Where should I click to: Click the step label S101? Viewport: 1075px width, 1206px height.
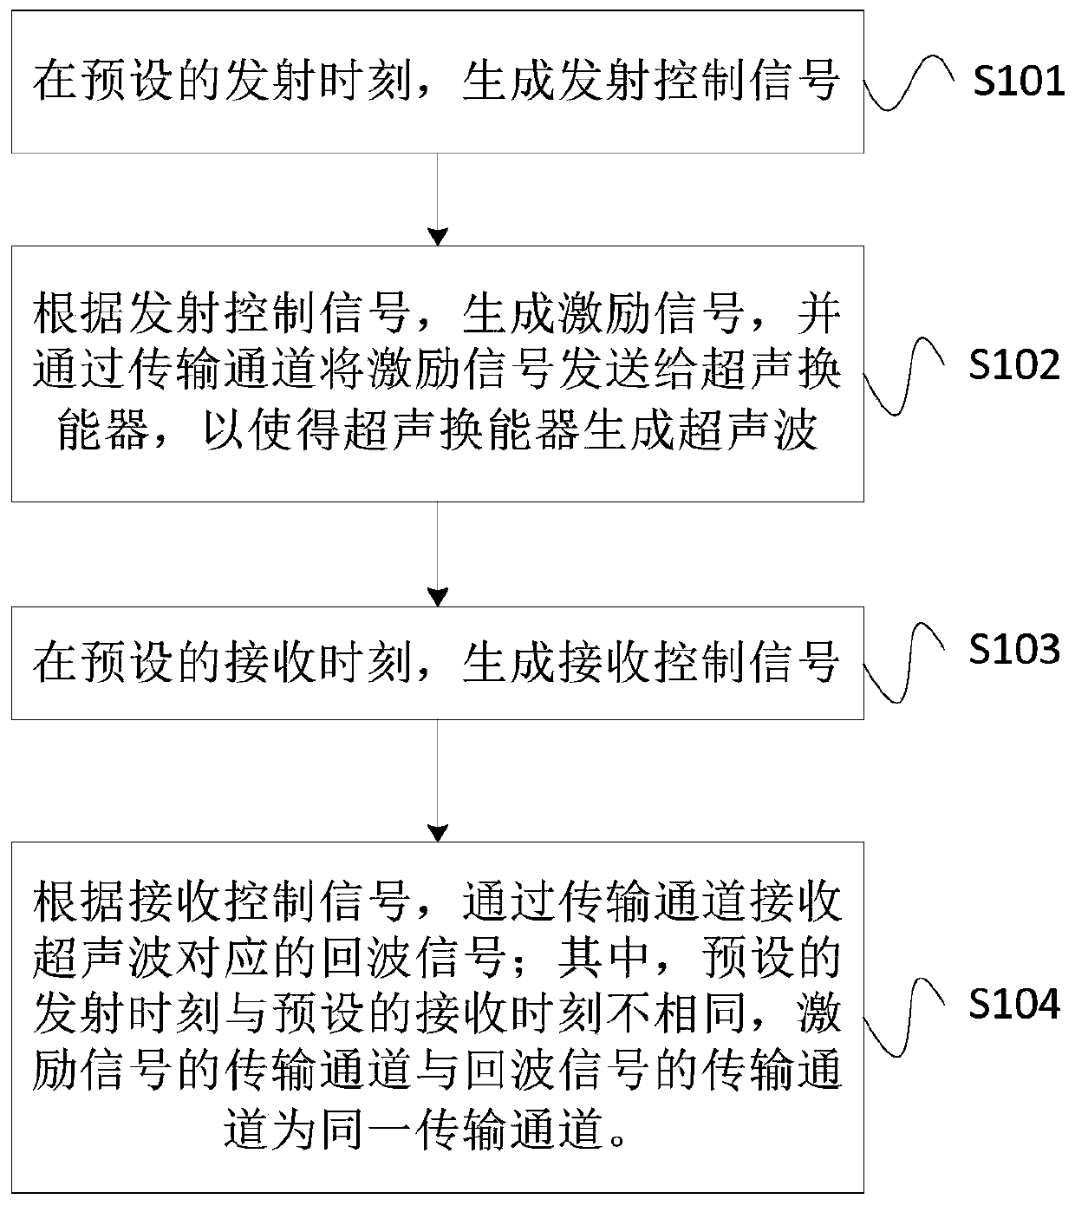click(x=1019, y=82)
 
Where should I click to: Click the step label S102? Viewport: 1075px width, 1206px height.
click(x=1014, y=365)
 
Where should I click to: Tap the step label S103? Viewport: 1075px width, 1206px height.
click(x=1014, y=649)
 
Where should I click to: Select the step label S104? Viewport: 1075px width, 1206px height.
click(x=1014, y=1005)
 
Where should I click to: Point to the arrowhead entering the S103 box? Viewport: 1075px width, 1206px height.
click(x=438, y=598)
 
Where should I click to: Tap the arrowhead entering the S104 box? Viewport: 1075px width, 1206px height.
click(x=438, y=833)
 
